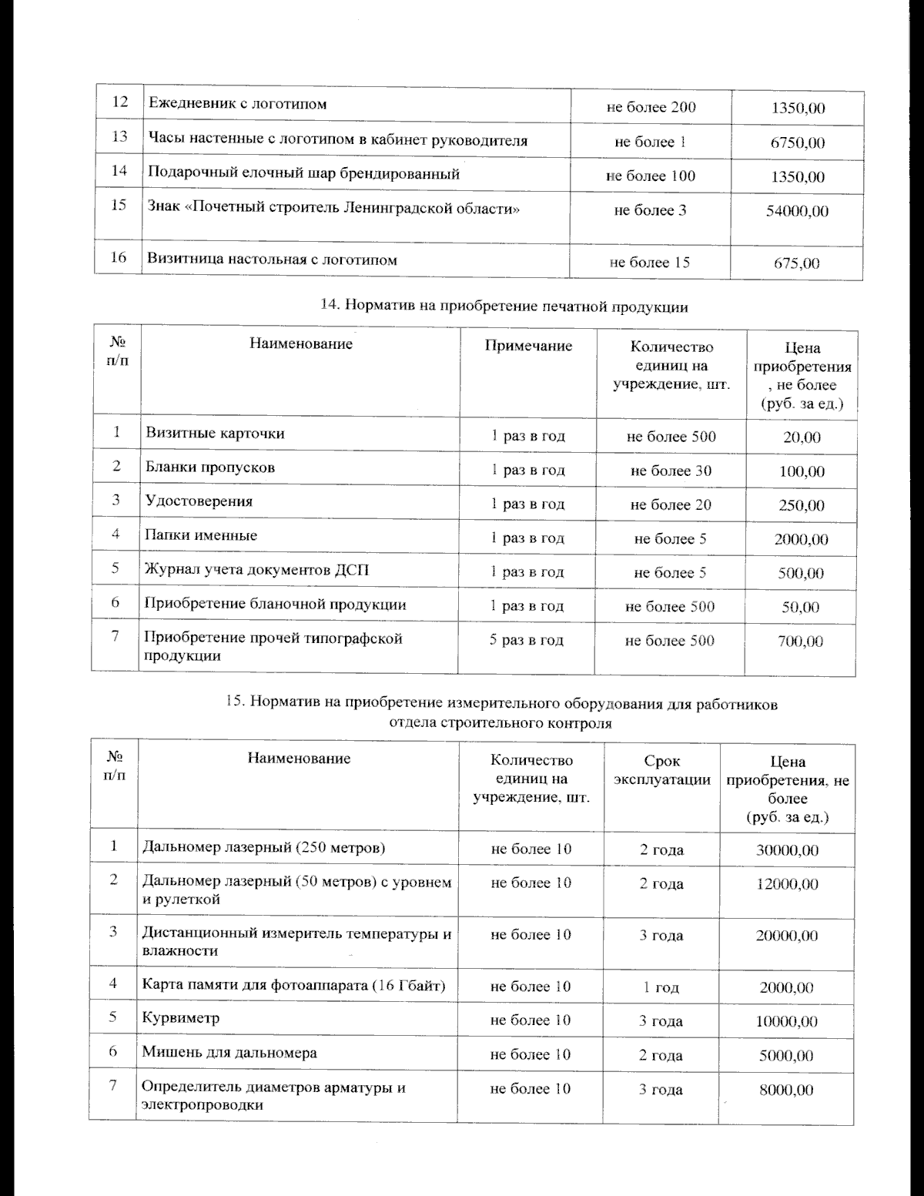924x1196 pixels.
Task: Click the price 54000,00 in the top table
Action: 797,211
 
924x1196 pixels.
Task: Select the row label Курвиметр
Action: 181,1017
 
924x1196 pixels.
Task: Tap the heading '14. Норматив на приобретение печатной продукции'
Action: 504,307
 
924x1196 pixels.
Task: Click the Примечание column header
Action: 528,346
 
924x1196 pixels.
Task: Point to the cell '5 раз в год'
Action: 527,640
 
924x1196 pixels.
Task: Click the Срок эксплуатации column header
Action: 662,770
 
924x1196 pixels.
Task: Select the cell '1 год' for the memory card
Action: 661,987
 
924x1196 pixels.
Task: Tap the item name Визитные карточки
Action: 215,433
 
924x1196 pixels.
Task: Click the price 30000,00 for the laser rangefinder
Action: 787,850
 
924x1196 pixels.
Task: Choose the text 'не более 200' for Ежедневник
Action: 651,107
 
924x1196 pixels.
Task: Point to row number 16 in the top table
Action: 119,257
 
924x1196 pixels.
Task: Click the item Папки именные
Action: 201,535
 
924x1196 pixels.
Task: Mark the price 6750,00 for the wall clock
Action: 797,142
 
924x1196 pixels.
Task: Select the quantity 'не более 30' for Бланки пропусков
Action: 671,471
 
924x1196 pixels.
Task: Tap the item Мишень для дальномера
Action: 229,1052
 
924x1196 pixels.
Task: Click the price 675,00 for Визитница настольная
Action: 796,263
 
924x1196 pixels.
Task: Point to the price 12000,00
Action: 787,884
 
